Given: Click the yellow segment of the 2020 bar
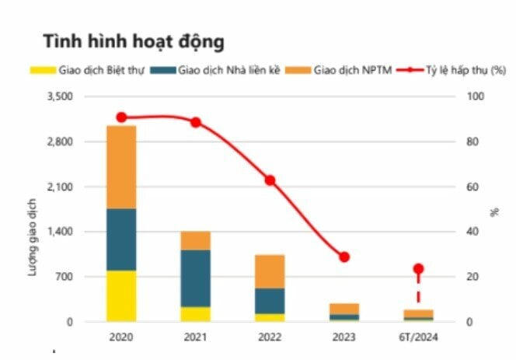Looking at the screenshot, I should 121,295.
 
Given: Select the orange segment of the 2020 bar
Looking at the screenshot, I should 121,167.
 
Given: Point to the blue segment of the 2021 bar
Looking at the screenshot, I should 195,278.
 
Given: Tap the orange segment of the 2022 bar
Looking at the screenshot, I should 270,271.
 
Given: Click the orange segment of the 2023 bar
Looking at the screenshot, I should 344,309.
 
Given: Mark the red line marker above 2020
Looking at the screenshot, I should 121,117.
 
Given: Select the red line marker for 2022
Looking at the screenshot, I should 270,180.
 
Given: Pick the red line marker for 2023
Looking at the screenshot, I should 344,257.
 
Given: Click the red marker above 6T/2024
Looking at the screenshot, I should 418,269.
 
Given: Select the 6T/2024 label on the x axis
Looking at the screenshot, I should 418,338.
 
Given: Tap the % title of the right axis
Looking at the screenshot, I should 495,210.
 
